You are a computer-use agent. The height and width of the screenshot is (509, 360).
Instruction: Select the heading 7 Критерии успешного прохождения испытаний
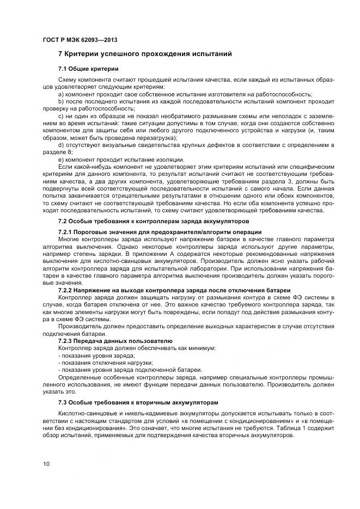coord(145,54)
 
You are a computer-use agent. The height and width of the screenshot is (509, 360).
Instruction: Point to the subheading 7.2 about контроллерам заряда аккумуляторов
coord(153,222)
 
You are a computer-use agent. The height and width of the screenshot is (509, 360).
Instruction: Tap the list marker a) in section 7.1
coord(60,94)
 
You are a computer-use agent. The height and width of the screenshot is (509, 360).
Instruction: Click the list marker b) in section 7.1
coord(60,101)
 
